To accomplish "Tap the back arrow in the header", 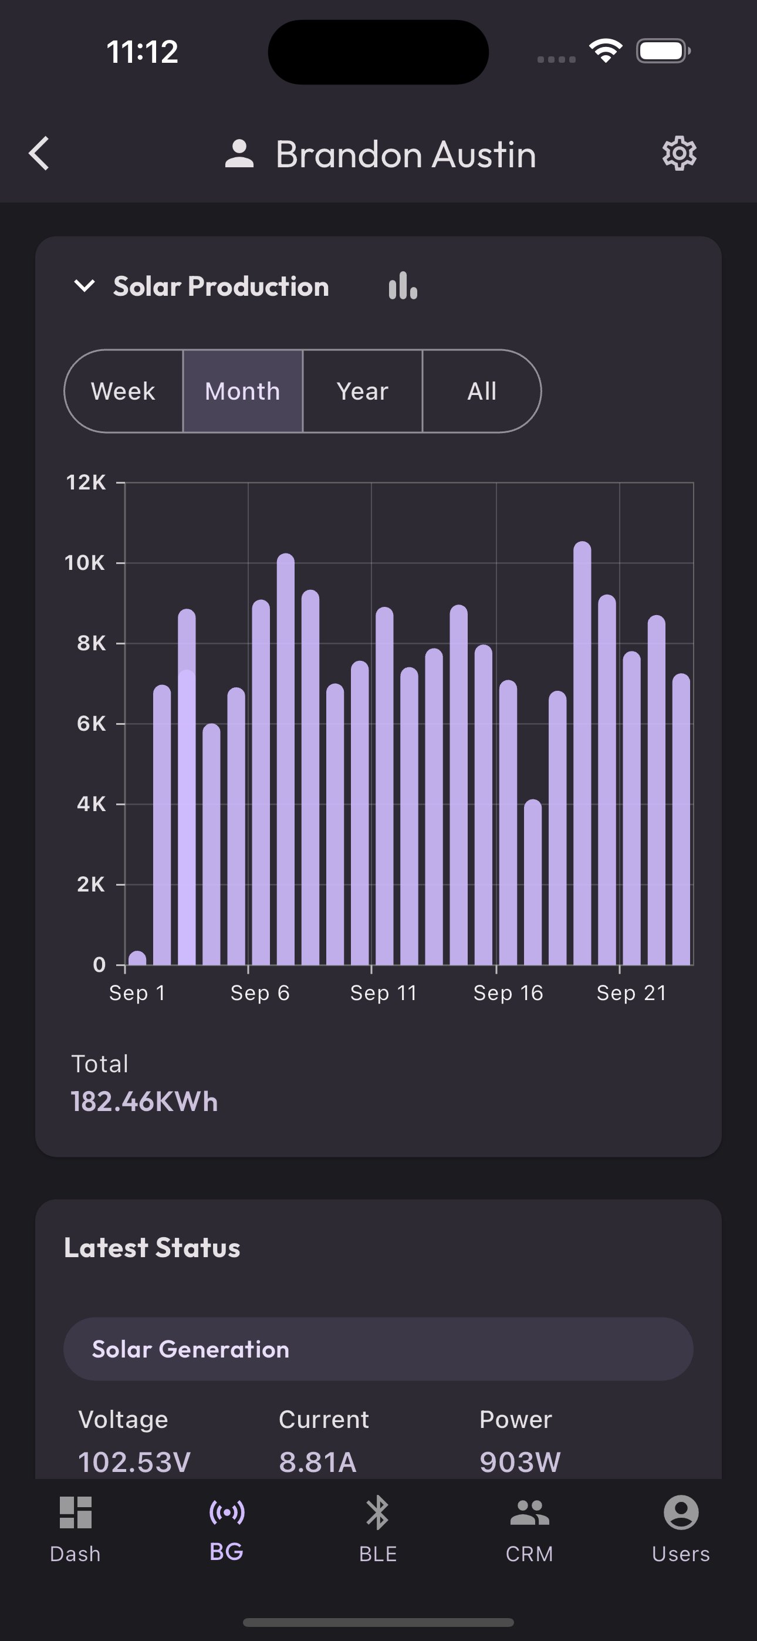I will pos(39,154).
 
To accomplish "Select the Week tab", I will pos(124,391).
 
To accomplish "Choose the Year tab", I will pos(363,391).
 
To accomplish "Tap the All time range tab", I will pos(482,391).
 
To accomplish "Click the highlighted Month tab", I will pos(243,391).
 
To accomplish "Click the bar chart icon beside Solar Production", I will pos(403,286).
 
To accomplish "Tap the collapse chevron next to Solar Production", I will pos(85,286).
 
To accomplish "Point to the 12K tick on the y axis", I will pos(86,483).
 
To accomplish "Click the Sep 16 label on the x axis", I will pos(508,993).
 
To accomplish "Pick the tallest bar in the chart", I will pos(582,752).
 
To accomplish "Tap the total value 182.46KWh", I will pos(144,1102).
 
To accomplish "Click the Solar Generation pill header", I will pos(378,1349).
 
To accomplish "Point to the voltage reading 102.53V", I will pos(134,1461).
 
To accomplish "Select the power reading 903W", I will pos(520,1461).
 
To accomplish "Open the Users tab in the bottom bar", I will pos(681,1527).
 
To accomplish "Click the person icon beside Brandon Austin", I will pos(239,154).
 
